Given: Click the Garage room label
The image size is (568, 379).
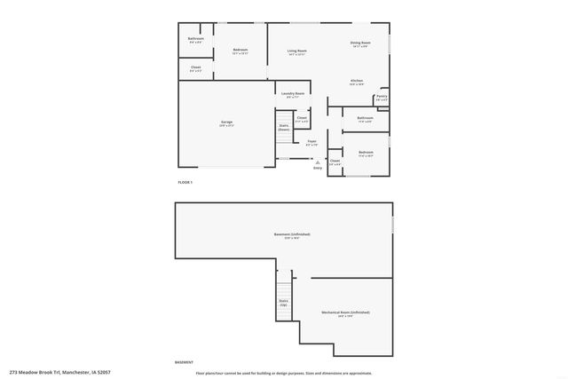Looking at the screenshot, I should point(226,123).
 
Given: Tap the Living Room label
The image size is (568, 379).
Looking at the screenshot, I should point(296,51).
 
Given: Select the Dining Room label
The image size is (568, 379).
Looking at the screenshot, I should point(359,43).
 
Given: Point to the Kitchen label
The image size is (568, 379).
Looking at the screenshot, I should point(356,82).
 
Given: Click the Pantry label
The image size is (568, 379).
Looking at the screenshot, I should point(381,97).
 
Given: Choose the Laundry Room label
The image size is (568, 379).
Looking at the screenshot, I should point(294,93).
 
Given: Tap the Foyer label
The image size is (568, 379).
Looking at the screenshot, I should point(312,141).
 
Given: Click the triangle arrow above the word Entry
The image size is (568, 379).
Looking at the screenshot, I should point(317,162).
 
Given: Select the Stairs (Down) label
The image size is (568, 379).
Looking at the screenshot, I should point(284,127).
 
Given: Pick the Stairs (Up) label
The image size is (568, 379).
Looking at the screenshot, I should point(283,303).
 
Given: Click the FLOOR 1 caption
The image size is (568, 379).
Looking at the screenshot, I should point(185,182).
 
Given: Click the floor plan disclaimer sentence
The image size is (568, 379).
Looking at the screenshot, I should point(284,374).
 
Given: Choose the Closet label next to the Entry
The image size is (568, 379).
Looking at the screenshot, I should point(335,162).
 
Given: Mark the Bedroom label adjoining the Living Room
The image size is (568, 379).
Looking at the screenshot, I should point(240,50).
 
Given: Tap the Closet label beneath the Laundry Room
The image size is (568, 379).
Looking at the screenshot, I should point(302,118).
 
